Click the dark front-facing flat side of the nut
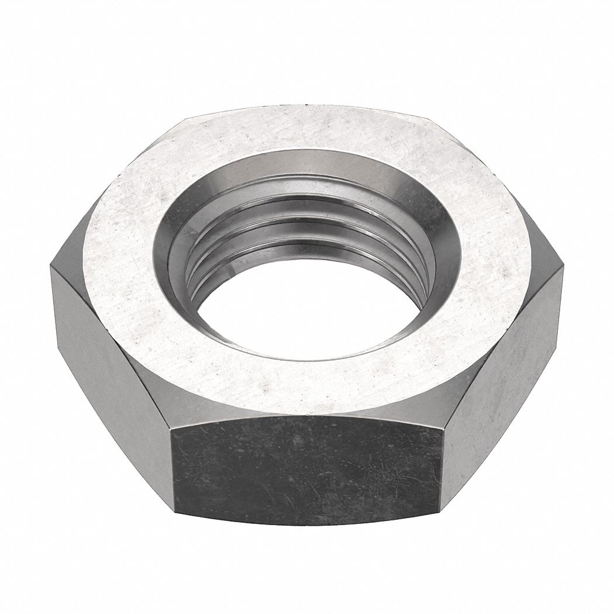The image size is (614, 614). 307,468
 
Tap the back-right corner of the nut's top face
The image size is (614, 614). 430,120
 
